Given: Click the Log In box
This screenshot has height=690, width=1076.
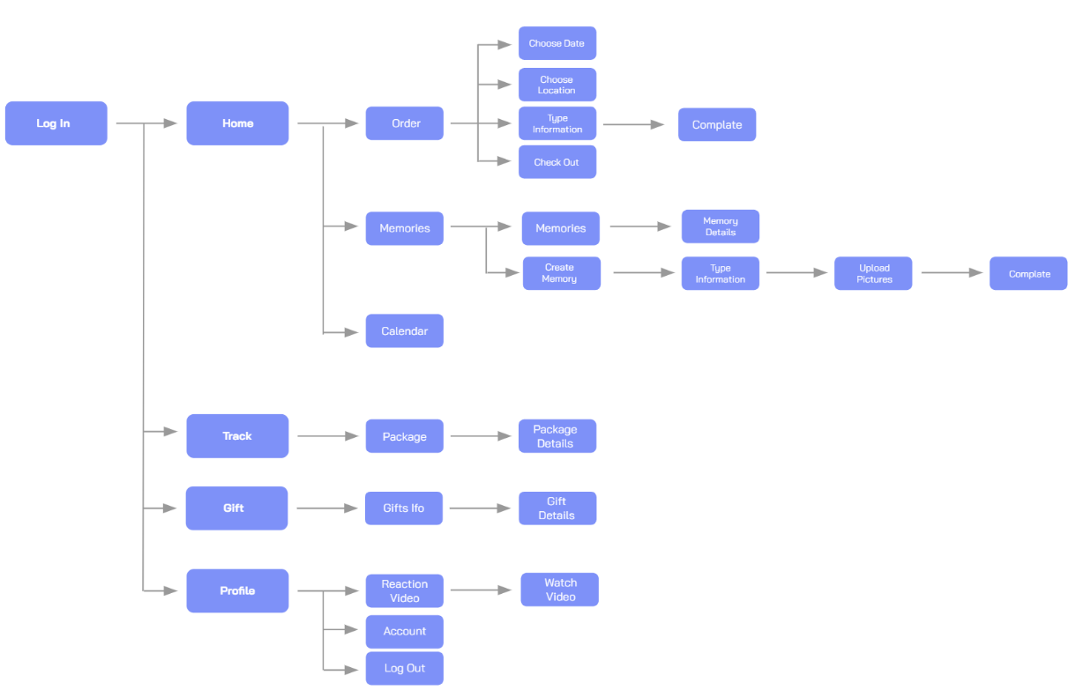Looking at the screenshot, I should coord(56,123).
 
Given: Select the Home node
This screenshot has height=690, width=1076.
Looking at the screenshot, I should coord(237,123).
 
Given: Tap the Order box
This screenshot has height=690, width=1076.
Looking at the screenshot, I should coord(405,123).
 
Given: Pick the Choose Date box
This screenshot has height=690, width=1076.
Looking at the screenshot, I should coord(557,43).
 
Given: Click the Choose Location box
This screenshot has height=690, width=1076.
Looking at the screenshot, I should coord(557,85).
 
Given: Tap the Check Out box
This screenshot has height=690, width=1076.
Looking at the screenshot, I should coord(557,162).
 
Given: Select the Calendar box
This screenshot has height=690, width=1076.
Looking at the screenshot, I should coord(405,331).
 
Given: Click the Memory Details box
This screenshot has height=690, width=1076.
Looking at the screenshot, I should coord(720,226).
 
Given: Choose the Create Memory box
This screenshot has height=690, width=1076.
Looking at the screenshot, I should coord(561,273).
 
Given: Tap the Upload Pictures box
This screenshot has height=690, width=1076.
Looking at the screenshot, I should coord(873,273).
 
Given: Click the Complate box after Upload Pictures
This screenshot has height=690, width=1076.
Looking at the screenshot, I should coord(1028,273).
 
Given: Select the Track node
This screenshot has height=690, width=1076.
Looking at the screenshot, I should coord(237,436).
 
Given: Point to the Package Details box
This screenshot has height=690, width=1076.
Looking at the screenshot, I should coord(557,436).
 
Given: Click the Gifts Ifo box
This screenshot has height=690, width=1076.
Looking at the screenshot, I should coord(404,508).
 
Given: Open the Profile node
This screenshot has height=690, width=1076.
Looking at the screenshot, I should coord(237,590).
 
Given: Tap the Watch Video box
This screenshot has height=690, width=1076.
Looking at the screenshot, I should coord(559,590).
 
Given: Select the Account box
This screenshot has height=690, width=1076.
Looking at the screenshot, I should coord(405,632).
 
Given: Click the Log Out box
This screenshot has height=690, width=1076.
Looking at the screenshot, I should coord(405,668).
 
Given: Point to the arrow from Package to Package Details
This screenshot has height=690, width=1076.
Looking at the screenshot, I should coord(481,436).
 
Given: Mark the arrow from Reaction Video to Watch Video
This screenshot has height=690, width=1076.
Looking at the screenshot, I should coord(481,590).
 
